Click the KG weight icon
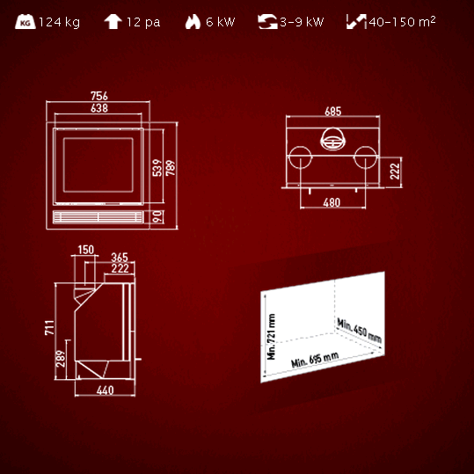pos(26,22)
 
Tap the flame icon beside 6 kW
pos(193,22)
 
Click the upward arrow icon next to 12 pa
pos(113,22)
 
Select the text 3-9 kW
pos(302,22)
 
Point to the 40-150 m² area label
pos(402,21)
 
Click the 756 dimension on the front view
pos(99,96)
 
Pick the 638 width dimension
pos(99,108)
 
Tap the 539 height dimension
pos(157,168)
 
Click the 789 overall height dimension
pos(171,168)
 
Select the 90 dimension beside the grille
pos(157,216)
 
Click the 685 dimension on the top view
pos(332,111)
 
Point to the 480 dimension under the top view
pos(332,202)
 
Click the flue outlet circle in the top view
pos(332,139)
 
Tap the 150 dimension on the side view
pos(86,250)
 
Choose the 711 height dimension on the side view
pos(49,327)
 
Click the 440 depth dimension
pos(106,390)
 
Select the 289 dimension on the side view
pos(61,359)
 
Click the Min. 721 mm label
pos(271,337)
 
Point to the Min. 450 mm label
pos(360,331)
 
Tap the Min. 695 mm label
pos(315,360)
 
